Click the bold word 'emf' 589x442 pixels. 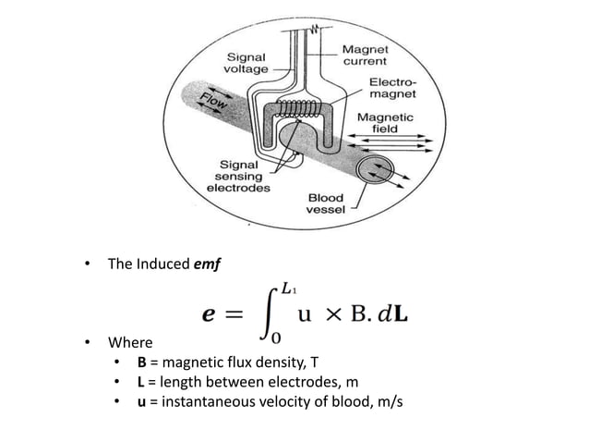click(207, 264)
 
